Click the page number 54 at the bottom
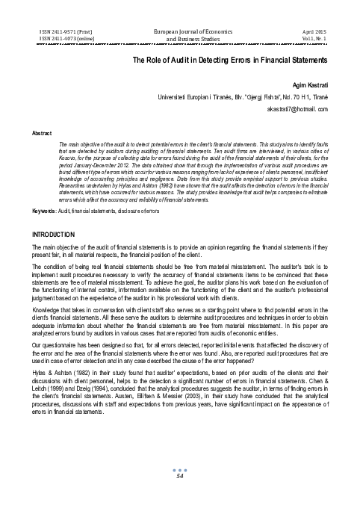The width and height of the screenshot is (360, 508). point(179,497)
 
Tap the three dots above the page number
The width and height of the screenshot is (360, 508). point(179,491)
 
